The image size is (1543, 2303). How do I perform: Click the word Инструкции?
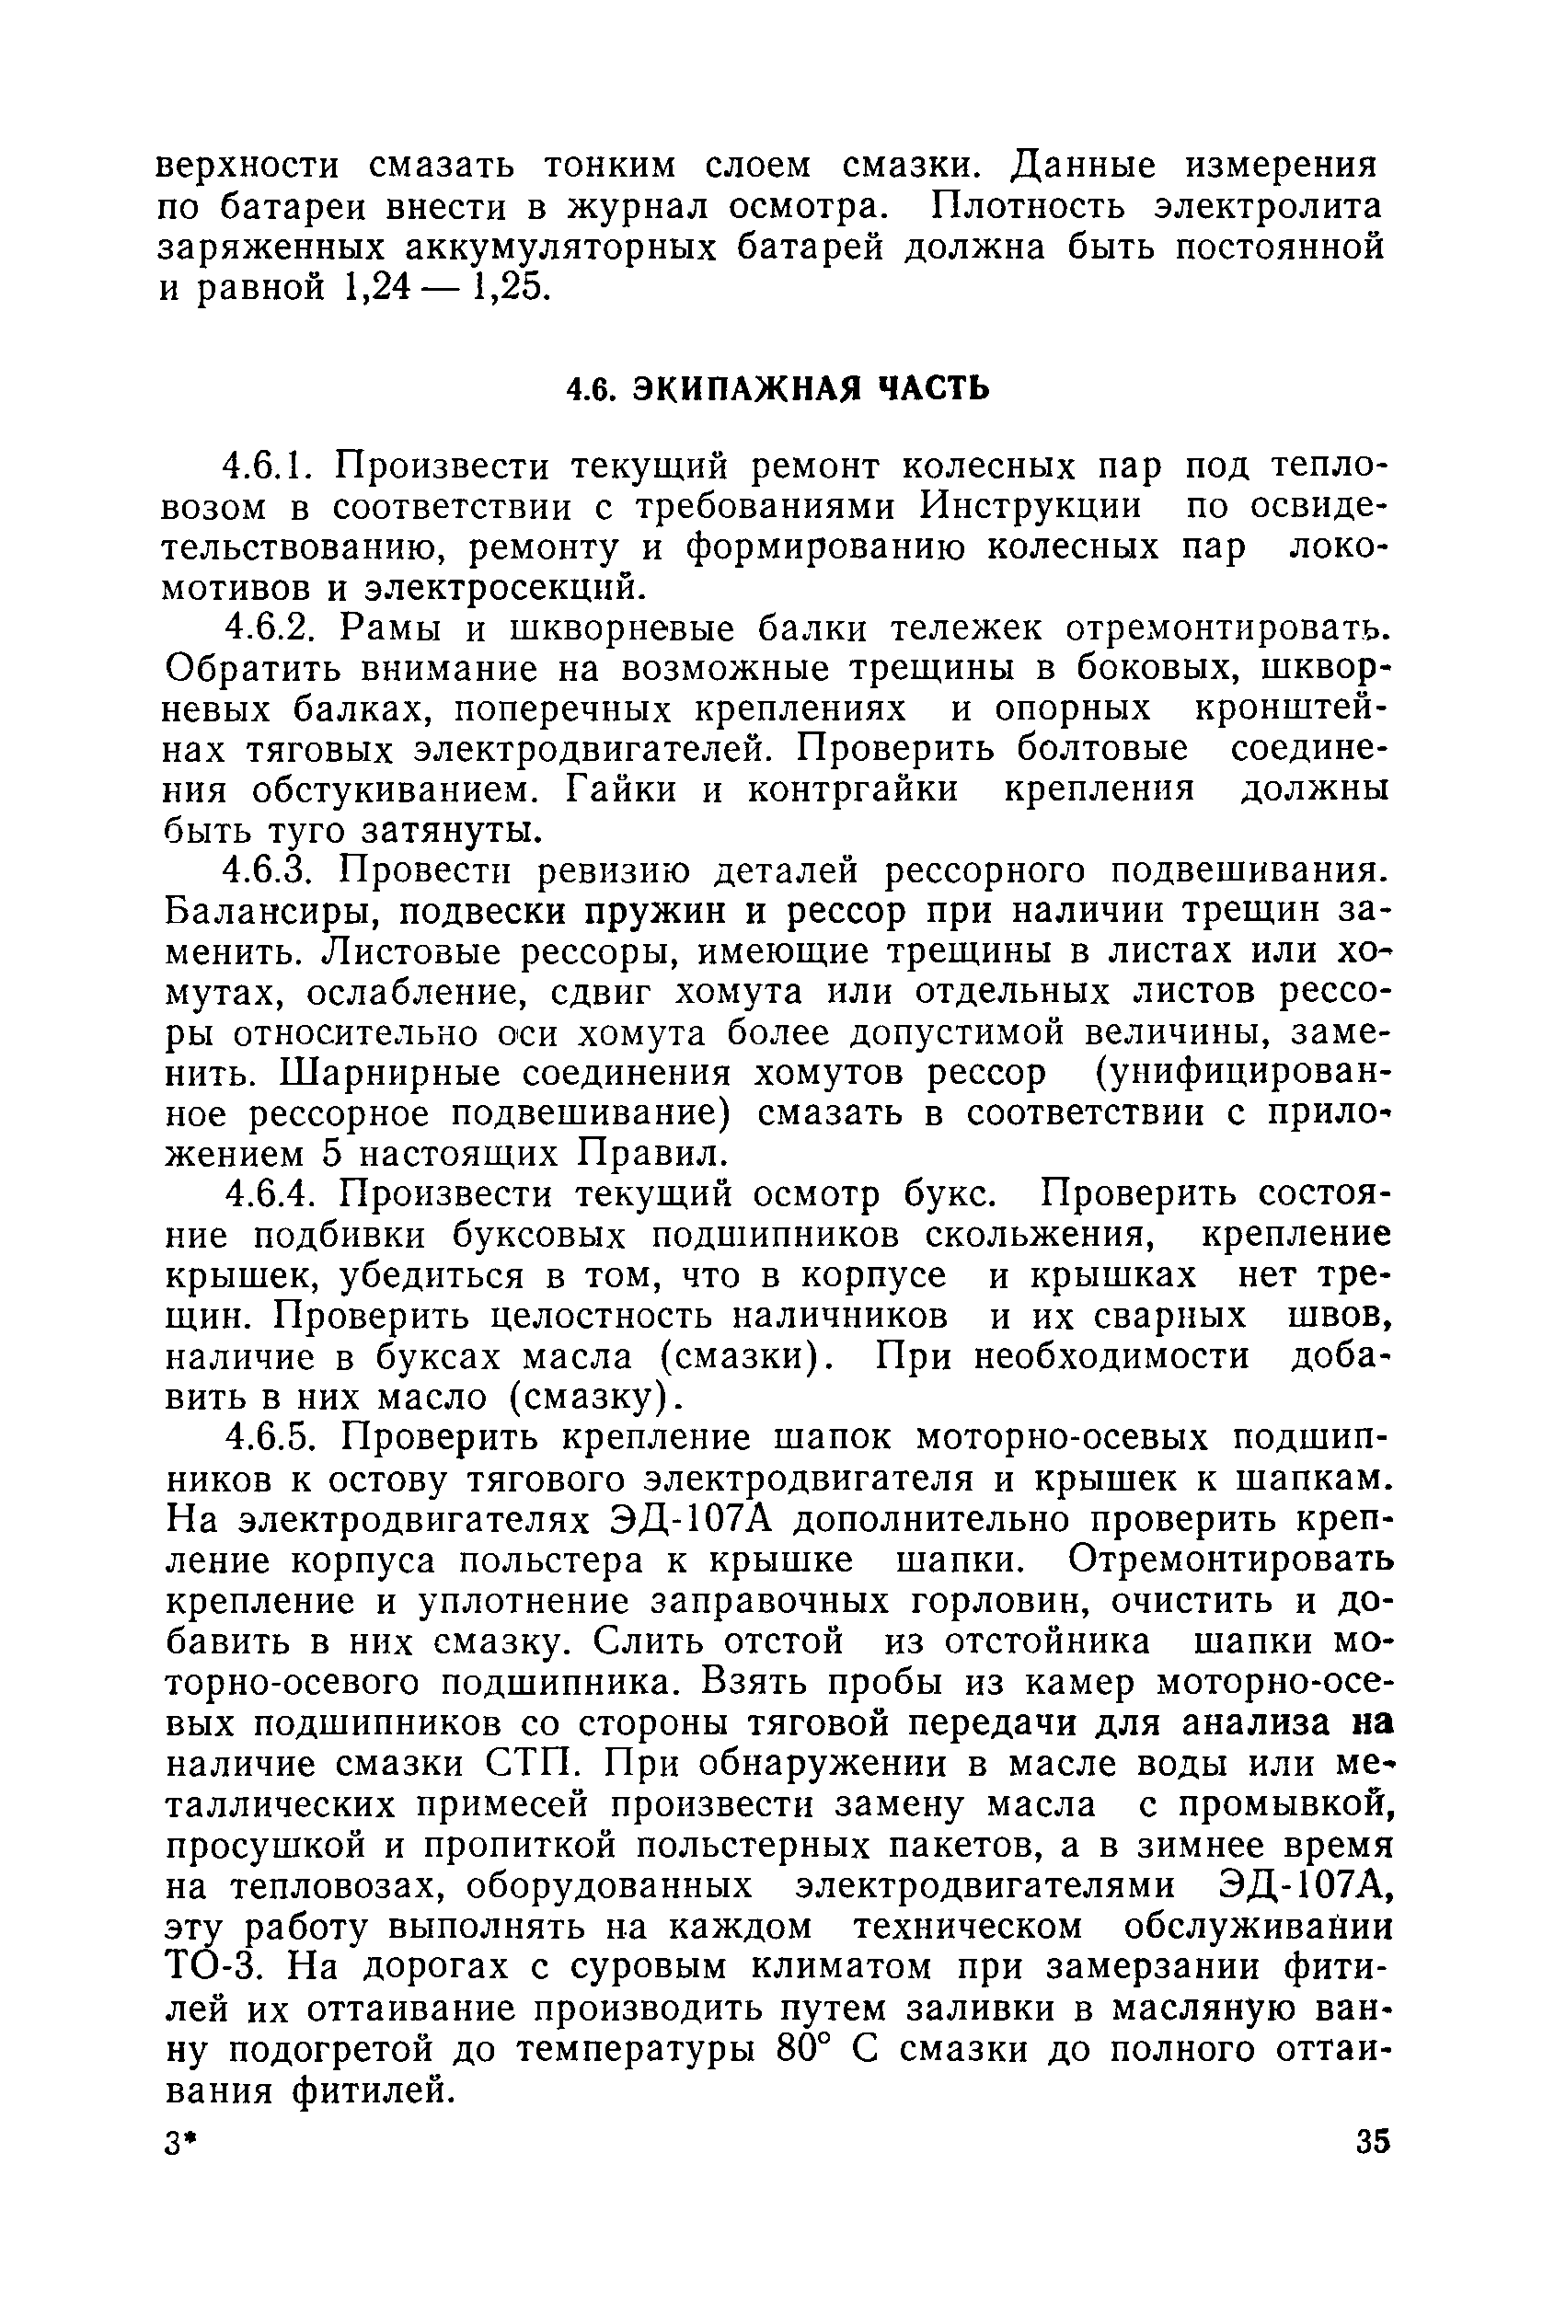[1031, 506]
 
